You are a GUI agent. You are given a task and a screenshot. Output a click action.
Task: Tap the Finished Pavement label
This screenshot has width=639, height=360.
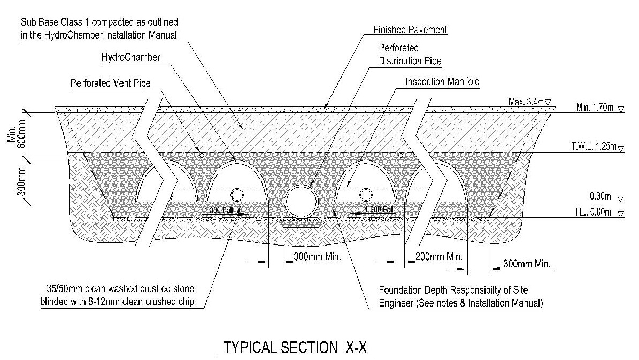pyautogui.click(x=410, y=30)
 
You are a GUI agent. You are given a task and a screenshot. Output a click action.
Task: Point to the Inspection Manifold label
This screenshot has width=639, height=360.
pyautogui.click(x=442, y=82)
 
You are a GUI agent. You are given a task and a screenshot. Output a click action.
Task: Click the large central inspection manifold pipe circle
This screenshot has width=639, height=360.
pyautogui.click(x=302, y=202)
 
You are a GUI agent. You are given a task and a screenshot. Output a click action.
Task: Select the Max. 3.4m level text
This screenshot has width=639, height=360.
pyautogui.click(x=524, y=101)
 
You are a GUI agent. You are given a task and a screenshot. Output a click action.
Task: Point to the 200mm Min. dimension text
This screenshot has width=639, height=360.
pyautogui.click(x=438, y=257)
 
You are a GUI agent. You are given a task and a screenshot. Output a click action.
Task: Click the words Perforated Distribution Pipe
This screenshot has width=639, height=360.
pyautogui.click(x=410, y=55)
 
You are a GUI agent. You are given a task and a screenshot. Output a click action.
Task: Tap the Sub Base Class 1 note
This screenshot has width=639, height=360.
pyautogui.click(x=99, y=29)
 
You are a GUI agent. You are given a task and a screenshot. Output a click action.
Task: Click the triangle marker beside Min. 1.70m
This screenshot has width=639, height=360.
pyautogui.click(x=620, y=109)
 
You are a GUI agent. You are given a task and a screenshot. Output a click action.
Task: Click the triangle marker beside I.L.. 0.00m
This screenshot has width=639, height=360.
pyautogui.click(x=620, y=213)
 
